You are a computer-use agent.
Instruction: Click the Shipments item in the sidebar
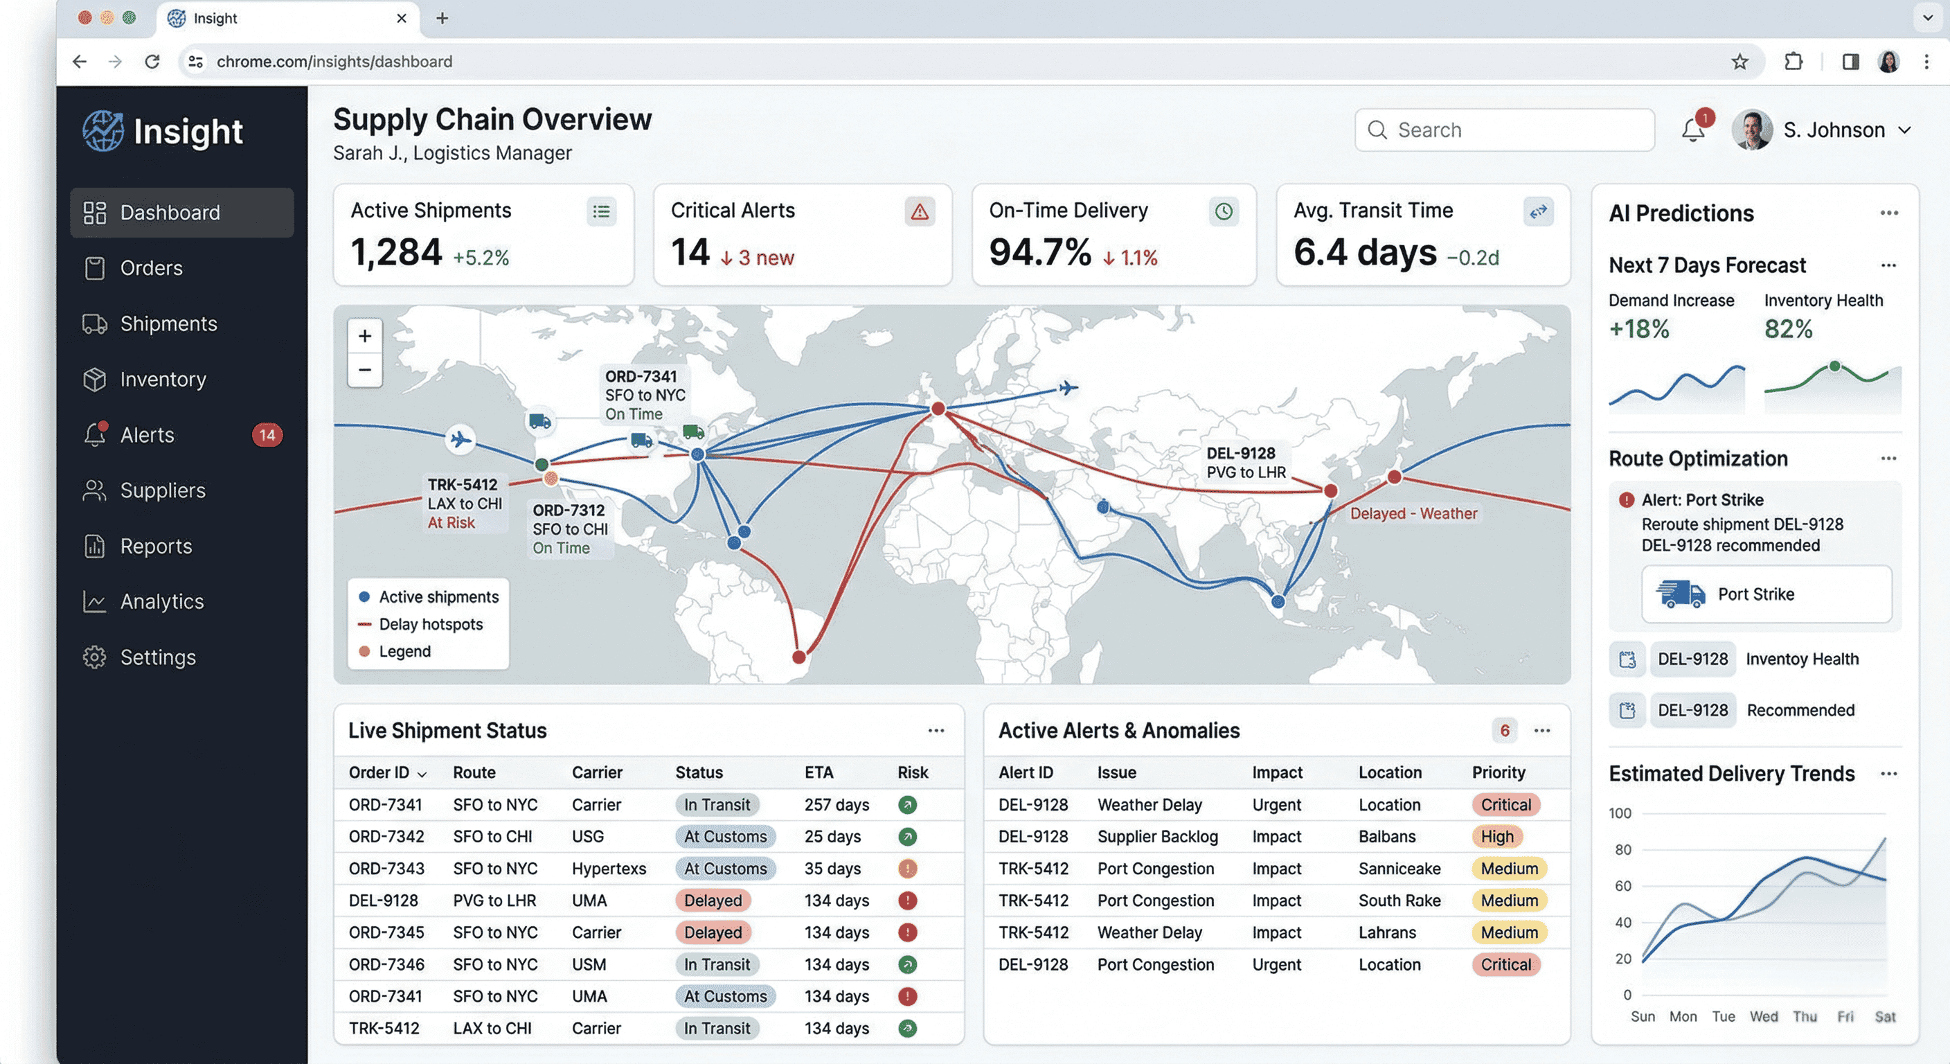coord(168,323)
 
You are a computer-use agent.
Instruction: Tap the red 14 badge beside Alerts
coord(267,435)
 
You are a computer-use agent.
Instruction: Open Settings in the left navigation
coord(157,657)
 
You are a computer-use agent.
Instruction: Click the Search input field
coord(1504,130)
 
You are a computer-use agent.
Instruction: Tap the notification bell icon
coord(1692,131)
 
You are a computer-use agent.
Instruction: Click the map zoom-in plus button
coord(365,335)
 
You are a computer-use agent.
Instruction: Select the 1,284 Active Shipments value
coord(396,252)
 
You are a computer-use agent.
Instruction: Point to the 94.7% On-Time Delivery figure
coord(1040,252)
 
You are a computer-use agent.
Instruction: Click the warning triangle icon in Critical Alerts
coord(920,211)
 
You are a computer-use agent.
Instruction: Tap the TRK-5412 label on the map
coord(463,485)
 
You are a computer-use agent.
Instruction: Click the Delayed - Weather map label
coord(1413,513)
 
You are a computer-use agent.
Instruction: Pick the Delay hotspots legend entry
coord(430,624)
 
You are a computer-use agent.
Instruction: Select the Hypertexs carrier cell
coord(609,869)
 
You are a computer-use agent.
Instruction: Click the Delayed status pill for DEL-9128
coord(713,901)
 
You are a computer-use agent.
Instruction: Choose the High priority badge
coord(1496,837)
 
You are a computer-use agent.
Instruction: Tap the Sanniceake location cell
coord(1399,869)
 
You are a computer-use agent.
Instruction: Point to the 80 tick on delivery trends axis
coord(1623,850)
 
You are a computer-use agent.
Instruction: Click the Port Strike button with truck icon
coord(1766,594)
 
